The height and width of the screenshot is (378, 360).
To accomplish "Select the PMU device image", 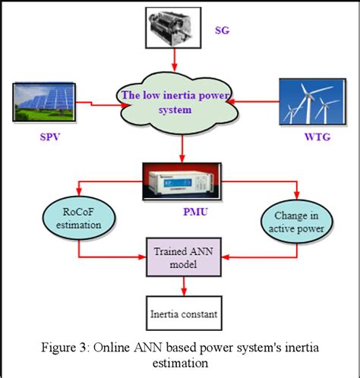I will (x=182, y=183).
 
